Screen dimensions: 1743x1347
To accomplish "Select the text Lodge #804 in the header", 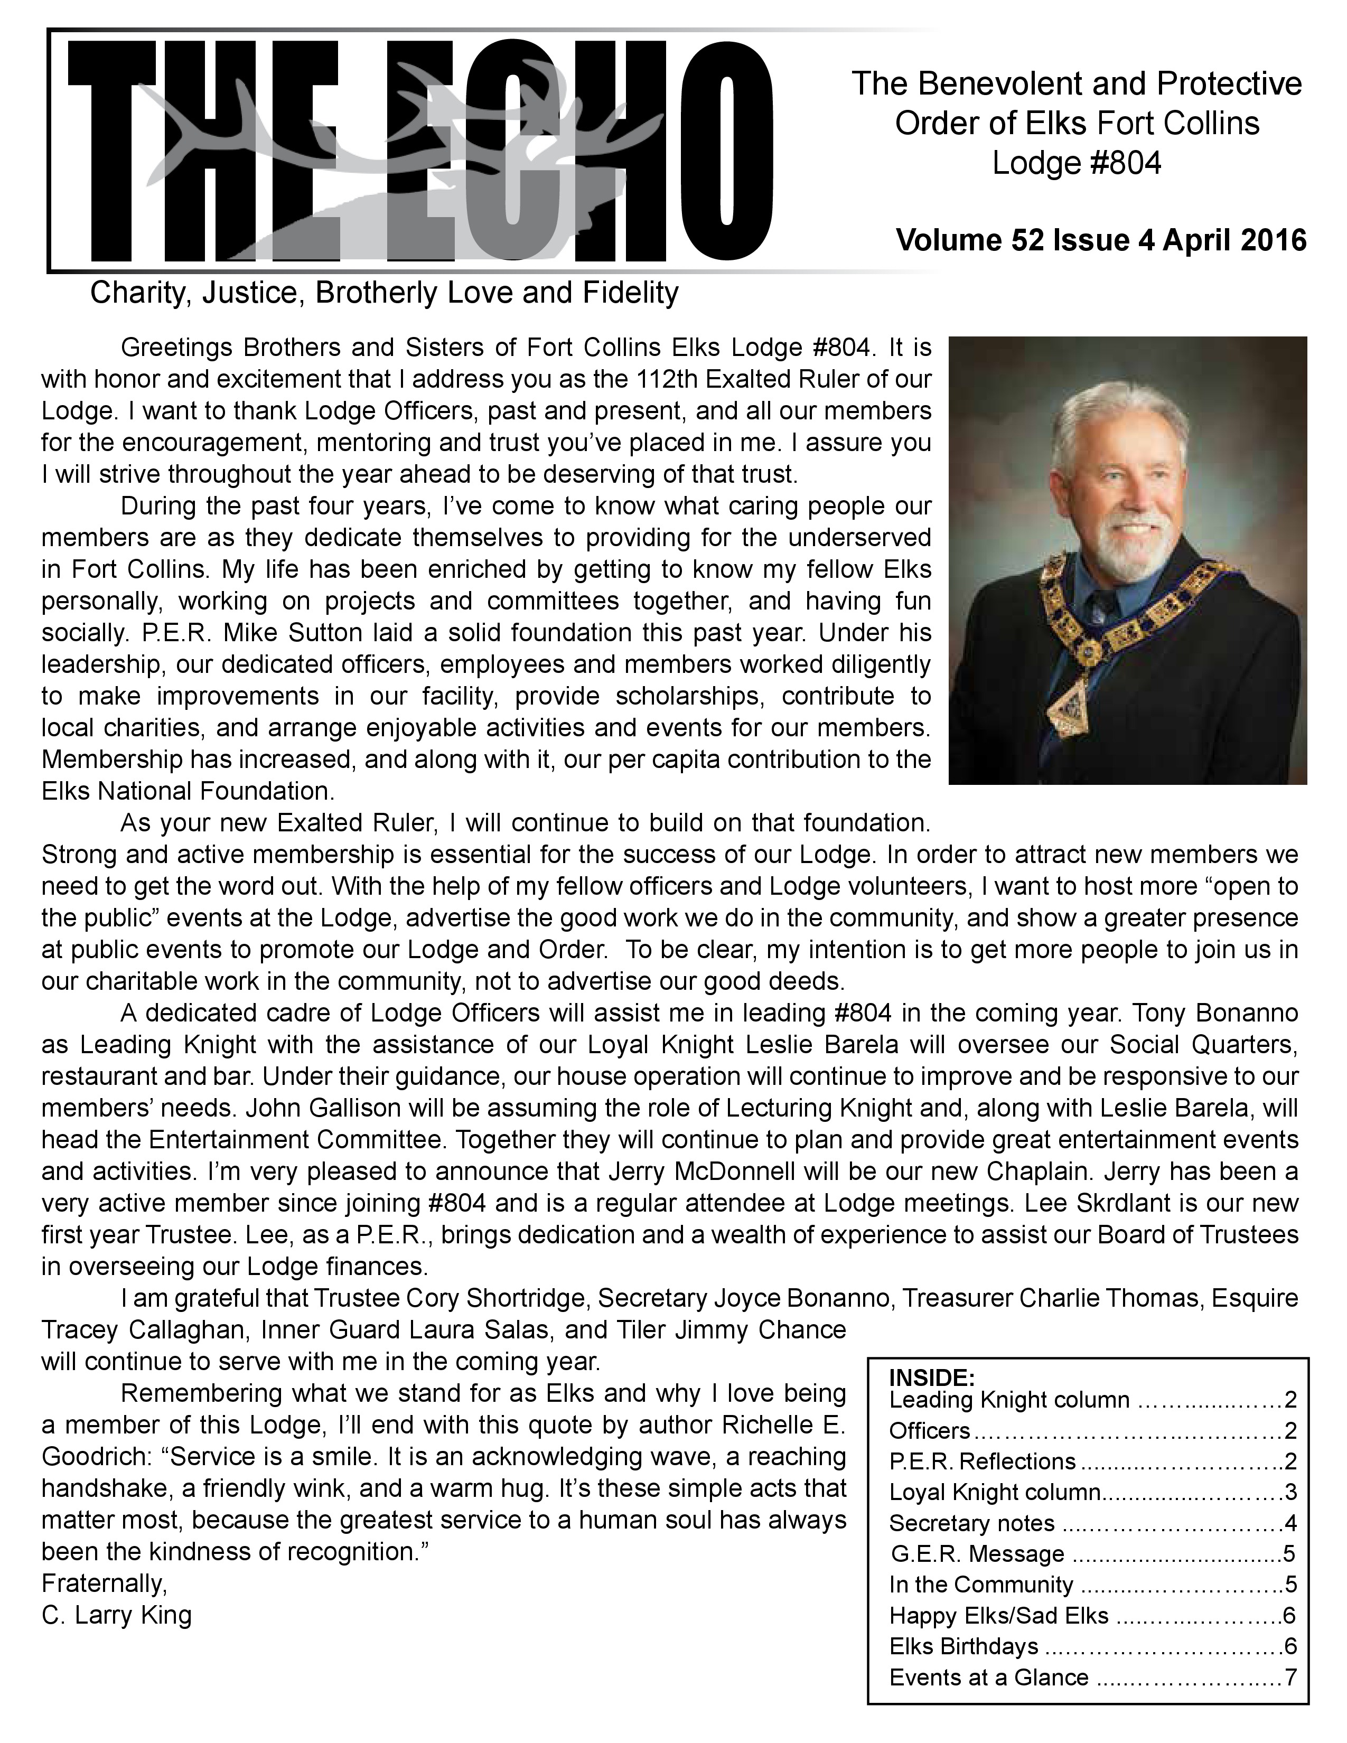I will click(x=1077, y=164).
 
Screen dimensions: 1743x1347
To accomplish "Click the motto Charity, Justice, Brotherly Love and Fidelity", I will click(x=384, y=293).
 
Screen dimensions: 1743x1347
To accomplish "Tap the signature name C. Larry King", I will click(x=117, y=1615).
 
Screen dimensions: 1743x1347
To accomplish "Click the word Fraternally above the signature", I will click(x=104, y=1582).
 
